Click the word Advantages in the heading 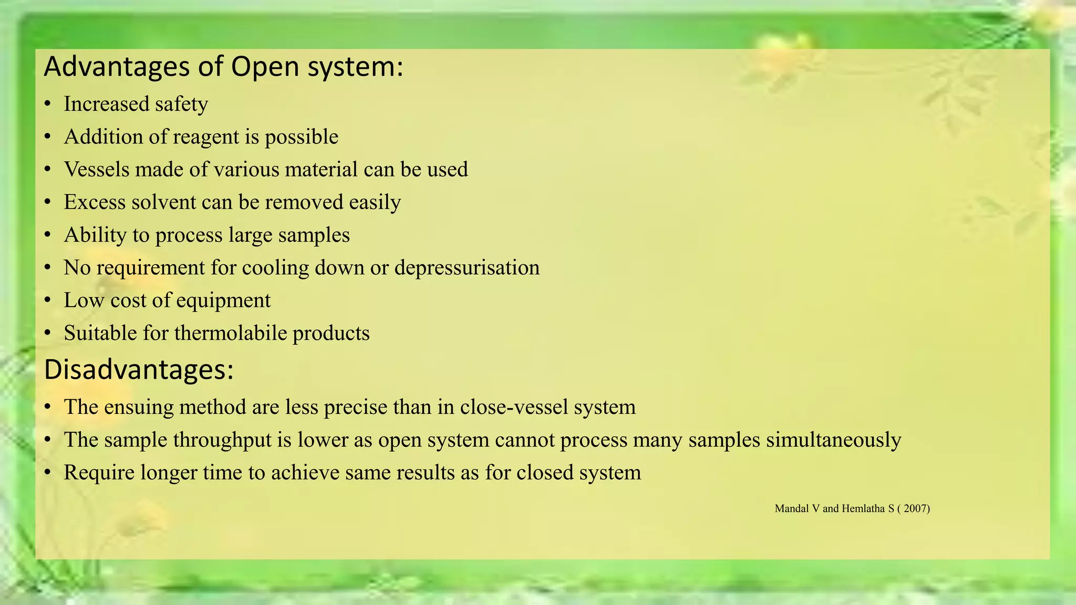[117, 67]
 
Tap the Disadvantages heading [139, 370]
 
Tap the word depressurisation [467, 268]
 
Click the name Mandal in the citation [792, 508]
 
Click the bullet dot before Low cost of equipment [48, 301]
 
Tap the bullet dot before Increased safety [48, 105]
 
